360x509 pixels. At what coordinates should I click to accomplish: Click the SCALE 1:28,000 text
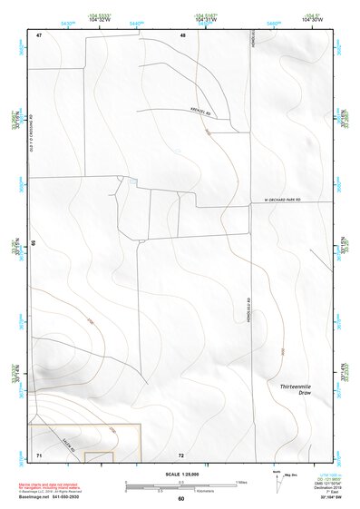180,474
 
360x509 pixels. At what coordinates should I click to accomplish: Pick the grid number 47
40,34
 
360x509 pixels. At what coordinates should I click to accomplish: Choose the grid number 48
182,34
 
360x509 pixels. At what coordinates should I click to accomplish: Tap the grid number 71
39,454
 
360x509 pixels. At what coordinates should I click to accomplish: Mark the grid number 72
181,454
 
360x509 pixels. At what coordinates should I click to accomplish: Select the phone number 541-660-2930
63,496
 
